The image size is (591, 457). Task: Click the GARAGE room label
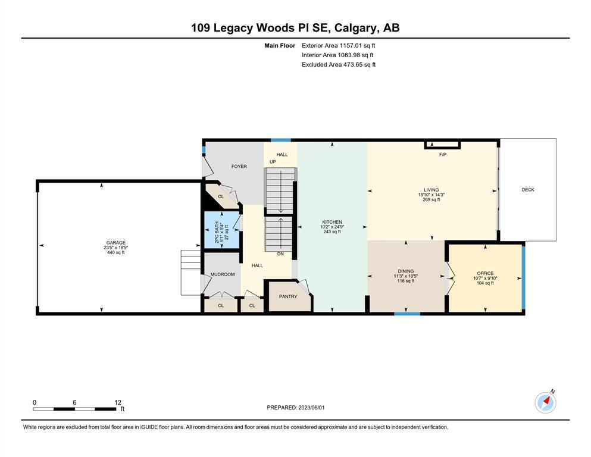click(115, 243)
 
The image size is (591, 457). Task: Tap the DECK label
click(528, 190)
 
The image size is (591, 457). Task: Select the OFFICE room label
click(485, 274)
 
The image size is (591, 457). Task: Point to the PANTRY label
click(288, 297)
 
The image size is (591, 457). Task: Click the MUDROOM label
click(223, 275)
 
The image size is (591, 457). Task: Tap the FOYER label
click(239, 167)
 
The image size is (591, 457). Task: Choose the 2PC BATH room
click(221, 230)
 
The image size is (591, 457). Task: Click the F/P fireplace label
click(442, 155)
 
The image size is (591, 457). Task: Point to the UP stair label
click(273, 162)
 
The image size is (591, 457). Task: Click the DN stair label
click(280, 254)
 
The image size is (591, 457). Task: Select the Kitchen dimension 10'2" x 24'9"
click(332, 227)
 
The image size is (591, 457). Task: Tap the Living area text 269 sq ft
click(431, 200)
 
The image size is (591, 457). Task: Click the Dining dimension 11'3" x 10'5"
click(405, 276)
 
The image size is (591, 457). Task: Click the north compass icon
click(545, 402)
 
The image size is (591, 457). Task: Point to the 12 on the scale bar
click(118, 402)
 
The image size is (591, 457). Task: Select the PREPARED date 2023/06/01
click(311, 408)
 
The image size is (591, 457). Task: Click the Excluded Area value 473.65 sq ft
click(359, 65)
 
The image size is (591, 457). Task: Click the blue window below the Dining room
click(408, 314)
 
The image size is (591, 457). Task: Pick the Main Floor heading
click(280, 46)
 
